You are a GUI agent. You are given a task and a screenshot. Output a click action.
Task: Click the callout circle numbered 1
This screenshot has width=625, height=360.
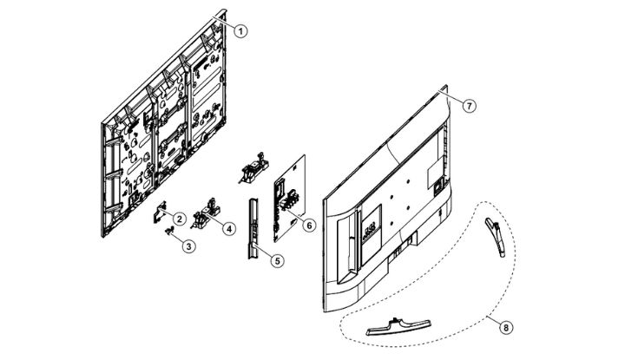(242, 29)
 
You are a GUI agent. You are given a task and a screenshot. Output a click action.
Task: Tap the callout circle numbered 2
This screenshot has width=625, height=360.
(176, 217)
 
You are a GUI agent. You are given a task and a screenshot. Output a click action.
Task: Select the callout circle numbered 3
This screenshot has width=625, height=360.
(188, 245)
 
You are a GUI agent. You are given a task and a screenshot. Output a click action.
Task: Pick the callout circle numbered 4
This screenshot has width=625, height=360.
(228, 228)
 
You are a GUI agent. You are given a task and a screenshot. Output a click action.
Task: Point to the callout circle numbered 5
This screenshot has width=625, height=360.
(277, 259)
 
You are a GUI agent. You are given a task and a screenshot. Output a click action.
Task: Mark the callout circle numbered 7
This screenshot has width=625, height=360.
(468, 105)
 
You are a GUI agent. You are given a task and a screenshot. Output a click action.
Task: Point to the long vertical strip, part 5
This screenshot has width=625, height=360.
(253, 226)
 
